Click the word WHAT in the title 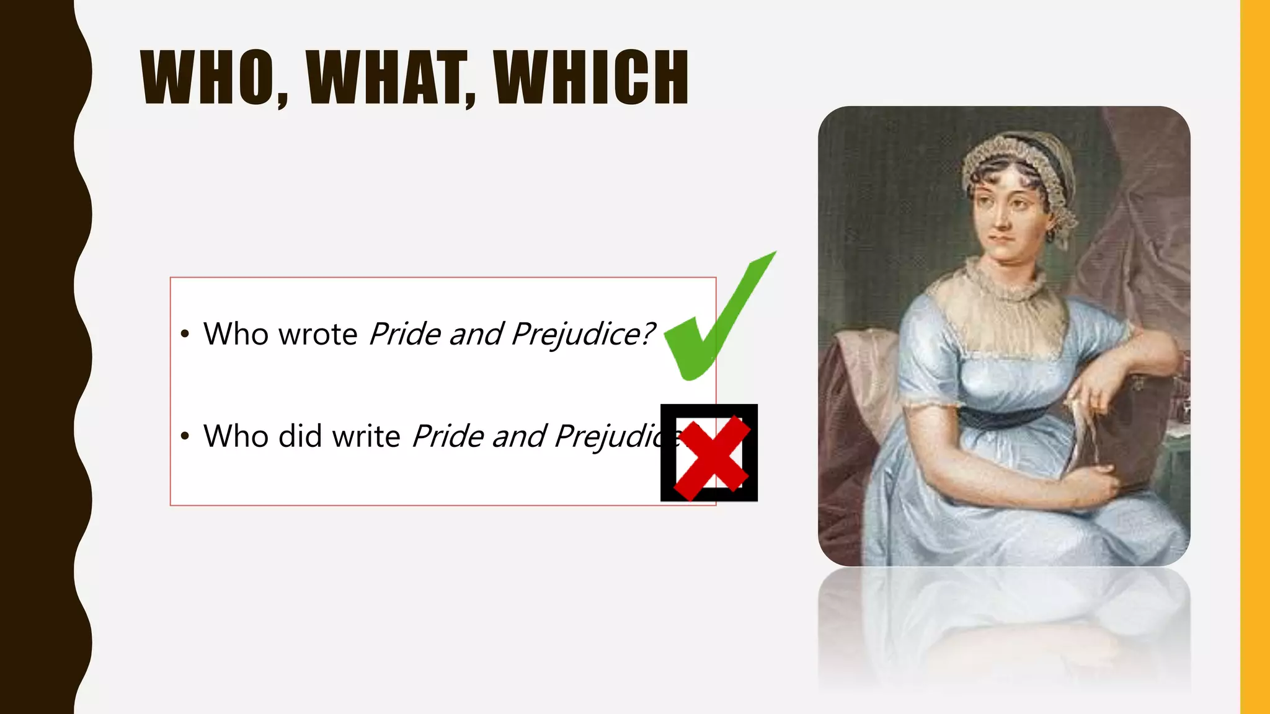pos(390,77)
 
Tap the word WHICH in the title pos(591,77)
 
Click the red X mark pos(711,457)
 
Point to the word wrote pos(318,335)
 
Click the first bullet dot pos(184,335)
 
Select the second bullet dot pos(184,436)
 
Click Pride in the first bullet pos(404,335)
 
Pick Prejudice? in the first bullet pos(583,335)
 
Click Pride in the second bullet pos(447,436)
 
